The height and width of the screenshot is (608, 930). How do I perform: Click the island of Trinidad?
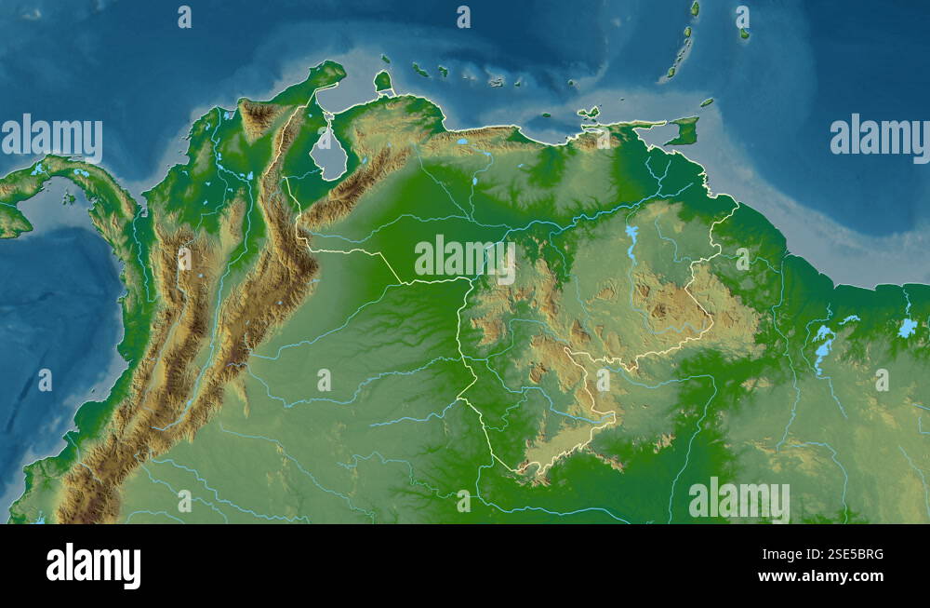pyautogui.click(x=684, y=130)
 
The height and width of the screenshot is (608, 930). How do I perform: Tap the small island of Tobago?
pyautogui.click(x=707, y=101)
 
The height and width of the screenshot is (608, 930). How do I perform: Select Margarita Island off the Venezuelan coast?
pyautogui.click(x=590, y=114)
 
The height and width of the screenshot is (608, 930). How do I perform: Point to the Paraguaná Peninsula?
pyautogui.click(x=382, y=81)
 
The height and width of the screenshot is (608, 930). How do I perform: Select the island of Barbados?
pyautogui.click(x=744, y=33)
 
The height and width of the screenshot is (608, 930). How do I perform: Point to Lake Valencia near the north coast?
pyautogui.click(x=461, y=142)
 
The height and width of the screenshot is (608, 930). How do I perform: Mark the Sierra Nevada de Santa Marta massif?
pyautogui.click(x=259, y=116)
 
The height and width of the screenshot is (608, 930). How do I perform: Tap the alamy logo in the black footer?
pyautogui.click(x=94, y=565)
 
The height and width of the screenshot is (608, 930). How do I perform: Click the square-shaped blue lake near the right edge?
pyautogui.click(x=907, y=328)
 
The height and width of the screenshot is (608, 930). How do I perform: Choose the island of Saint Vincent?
pyautogui.click(x=694, y=8)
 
